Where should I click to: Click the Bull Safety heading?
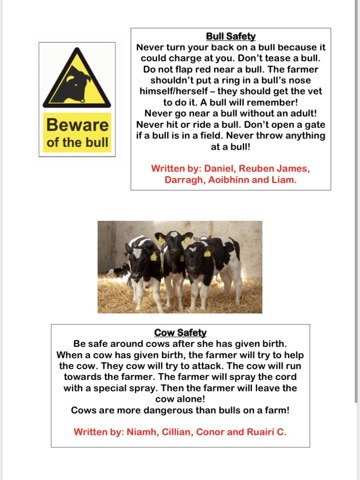[230, 37]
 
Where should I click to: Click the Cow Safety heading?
[180, 333]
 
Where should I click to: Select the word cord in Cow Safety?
[282, 377]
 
